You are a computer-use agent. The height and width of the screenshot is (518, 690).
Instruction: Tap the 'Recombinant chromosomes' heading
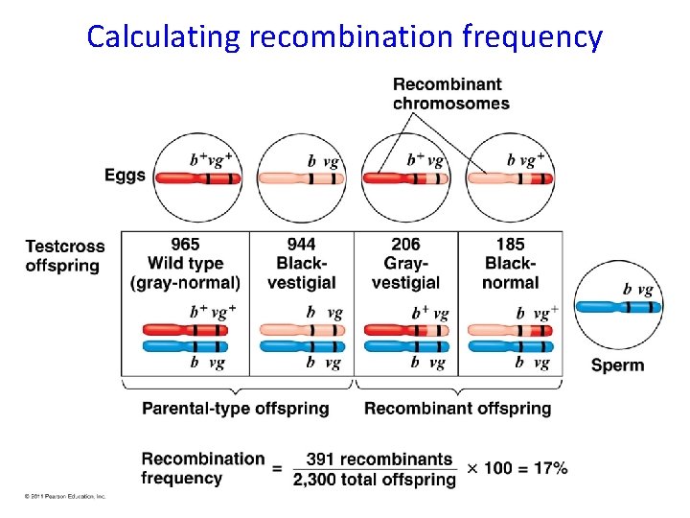(450, 94)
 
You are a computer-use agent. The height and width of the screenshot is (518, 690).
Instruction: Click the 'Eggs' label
(126, 176)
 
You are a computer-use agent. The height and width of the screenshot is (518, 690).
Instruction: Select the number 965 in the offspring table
(185, 245)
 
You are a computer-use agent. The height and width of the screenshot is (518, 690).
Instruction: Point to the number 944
(301, 245)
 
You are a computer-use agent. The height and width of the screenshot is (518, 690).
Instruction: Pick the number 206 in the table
(405, 245)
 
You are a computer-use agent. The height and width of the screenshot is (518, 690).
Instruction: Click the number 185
(511, 245)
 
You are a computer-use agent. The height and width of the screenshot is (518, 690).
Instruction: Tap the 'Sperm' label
(617, 365)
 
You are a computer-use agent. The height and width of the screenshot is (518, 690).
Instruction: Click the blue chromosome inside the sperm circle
(618, 307)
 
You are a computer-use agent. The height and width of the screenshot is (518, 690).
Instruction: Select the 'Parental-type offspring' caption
(236, 409)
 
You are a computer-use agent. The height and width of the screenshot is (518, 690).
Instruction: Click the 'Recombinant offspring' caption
(458, 409)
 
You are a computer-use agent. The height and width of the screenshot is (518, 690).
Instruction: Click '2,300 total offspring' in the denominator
(375, 480)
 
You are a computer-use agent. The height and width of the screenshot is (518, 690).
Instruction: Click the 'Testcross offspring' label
(64, 255)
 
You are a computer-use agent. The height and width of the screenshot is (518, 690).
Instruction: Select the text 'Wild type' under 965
(186, 263)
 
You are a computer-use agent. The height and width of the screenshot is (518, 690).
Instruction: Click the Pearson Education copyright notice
(64, 496)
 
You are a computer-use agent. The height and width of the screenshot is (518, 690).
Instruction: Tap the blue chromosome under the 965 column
(186, 345)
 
